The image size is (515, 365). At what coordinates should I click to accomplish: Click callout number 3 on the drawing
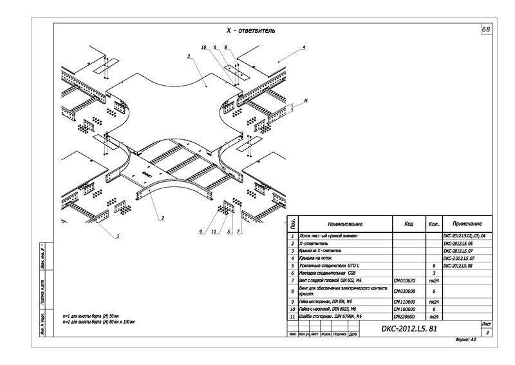pyautogui.click(x=189, y=57)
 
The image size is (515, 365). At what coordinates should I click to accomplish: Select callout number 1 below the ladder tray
pyautogui.click(x=118, y=236)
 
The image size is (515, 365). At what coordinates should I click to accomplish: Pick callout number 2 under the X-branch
pyautogui.click(x=162, y=218)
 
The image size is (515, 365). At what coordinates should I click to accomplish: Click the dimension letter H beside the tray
pyautogui.click(x=306, y=101)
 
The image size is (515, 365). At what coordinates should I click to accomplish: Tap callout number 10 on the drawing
pyautogui.click(x=203, y=48)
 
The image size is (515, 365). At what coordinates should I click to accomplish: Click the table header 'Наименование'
pyautogui.click(x=344, y=224)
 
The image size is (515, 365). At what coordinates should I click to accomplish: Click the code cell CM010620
pyautogui.click(x=406, y=281)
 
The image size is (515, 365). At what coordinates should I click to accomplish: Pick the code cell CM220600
pyautogui.click(x=406, y=317)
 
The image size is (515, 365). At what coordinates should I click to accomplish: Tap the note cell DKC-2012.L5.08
pyautogui.click(x=458, y=266)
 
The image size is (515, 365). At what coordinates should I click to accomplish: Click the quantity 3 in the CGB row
pyautogui.click(x=435, y=273)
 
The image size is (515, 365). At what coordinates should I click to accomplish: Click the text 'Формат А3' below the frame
pyautogui.click(x=465, y=340)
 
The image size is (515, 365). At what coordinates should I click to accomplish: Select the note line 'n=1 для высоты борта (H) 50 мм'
pyautogui.click(x=99, y=315)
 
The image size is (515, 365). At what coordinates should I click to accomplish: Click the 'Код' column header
pyautogui.click(x=409, y=224)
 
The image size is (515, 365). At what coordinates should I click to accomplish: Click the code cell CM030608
pyautogui.click(x=406, y=291)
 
